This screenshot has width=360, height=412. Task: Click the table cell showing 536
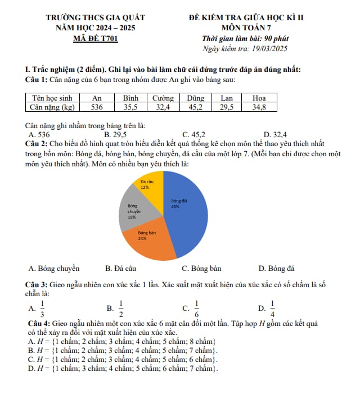coord(97,106)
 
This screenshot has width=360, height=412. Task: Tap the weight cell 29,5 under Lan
coord(227,106)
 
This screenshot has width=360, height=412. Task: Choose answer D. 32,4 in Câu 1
coord(275,134)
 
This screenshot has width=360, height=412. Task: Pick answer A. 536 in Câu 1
coord(39,134)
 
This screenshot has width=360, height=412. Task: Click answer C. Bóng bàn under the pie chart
coord(201,268)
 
